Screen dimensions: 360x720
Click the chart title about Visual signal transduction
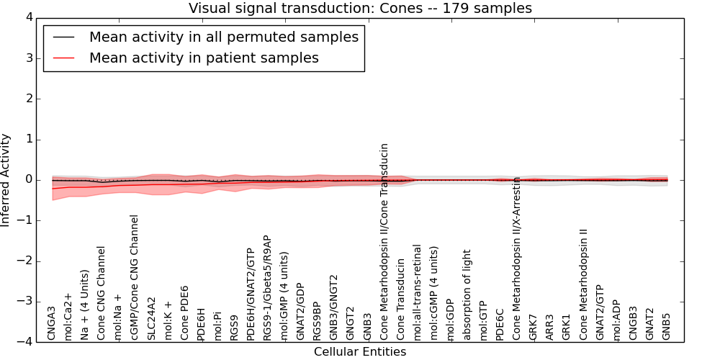pos(360,8)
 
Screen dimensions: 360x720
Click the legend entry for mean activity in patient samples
pos(204,58)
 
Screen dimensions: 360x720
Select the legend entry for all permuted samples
pos(223,37)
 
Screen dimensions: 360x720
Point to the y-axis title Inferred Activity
pos(6,180)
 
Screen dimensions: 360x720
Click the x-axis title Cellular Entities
pos(360,352)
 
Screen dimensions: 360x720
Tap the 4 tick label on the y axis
pos(29,17)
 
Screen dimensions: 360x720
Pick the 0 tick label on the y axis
pos(29,180)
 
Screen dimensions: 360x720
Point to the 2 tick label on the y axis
pos(29,99)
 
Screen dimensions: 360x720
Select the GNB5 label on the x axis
pos(667,325)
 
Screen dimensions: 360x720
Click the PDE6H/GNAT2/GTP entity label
pos(251,289)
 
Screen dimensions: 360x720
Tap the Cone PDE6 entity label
pos(184,312)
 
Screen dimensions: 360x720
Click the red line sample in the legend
pos(64,58)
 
